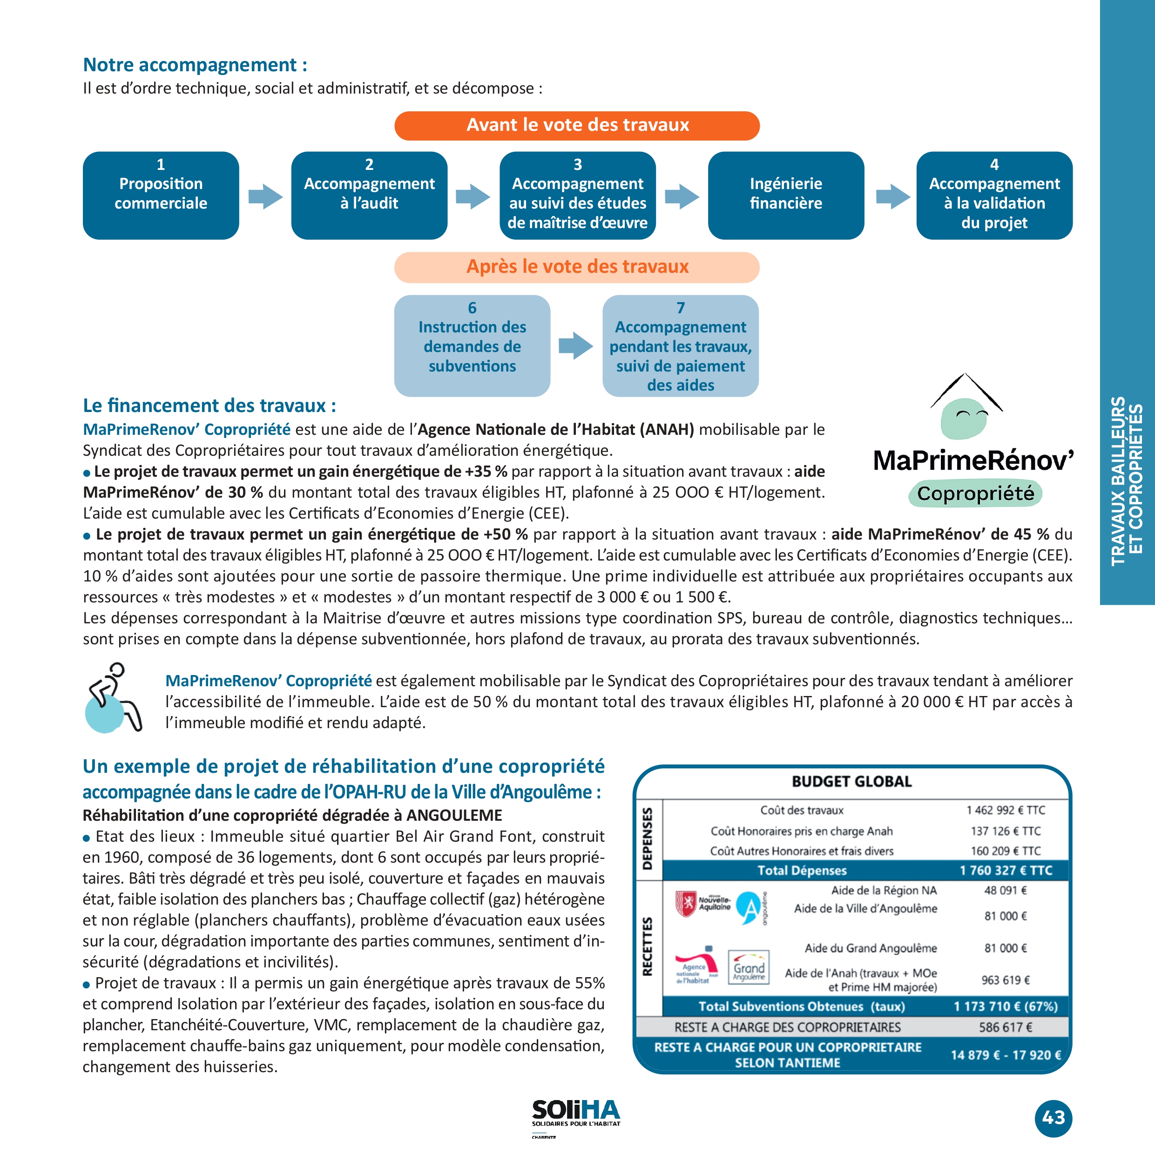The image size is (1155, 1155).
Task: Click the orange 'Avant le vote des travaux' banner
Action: point(577,126)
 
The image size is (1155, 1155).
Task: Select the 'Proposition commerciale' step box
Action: point(161,195)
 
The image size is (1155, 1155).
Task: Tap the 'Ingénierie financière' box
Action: point(785,195)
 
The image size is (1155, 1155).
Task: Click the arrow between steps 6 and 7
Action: point(575,345)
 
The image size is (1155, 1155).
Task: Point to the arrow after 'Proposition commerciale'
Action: point(264,196)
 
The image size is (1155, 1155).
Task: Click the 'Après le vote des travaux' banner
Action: point(577,267)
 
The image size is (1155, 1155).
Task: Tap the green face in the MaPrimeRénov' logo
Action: point(963,419)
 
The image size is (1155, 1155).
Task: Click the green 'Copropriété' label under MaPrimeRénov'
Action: point(975,494)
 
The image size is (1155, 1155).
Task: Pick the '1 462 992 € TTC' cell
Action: point(1006,810)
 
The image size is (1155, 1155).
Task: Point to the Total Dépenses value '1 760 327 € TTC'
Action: point(1006,871)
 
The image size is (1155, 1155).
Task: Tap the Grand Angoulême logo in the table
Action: point(749,966)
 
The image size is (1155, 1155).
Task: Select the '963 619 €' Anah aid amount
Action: point(1006,980)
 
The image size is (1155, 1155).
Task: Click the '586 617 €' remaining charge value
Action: point(1006,1027)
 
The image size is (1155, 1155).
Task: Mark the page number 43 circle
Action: point(1054,1117)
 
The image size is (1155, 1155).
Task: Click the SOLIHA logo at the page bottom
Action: point(576,1115)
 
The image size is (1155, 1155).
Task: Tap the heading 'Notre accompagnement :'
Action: point(195,65)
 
